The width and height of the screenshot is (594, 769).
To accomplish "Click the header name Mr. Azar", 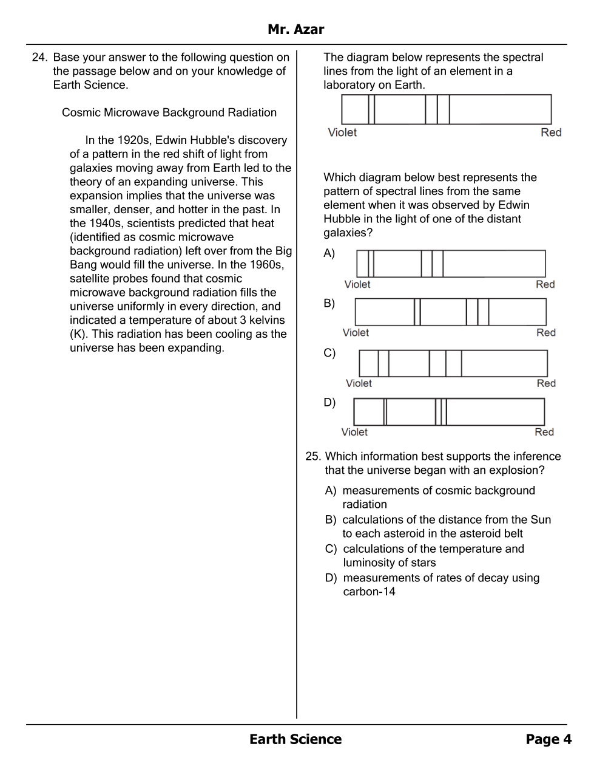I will pyautogui.click(x=295, y=29).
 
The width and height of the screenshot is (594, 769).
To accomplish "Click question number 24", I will pyautogui.click(x=39, y=58).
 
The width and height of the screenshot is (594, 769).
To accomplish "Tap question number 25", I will pyautogui.click(x=312, y=457).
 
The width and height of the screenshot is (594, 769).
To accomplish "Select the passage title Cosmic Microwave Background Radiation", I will pyautogui.click(x=169, y=113).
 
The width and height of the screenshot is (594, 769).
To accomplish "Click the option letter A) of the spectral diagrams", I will pyautogui.click(x=329, y=254).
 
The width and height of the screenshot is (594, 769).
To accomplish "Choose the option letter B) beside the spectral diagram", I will pyautogui.click(x=329, y=304).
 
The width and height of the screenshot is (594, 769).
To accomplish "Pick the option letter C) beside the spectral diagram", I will pyautogui.click(x=329, y=354).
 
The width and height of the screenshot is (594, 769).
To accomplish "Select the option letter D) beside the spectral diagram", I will pyautogui.click(x=329, y=403).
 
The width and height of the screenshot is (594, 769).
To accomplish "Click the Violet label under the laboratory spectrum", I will pyautogui.click(x=342, y=132).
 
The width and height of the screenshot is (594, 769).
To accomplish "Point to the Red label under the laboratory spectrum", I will pyautogui.click(x=551, y=132).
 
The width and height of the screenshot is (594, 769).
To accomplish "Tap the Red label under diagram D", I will pyautogui.click(x=544, y=432).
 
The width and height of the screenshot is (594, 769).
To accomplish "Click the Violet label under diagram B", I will pyautogui.click(x=356, y=333).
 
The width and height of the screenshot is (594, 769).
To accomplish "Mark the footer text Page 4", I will pyautogui.click(x=548, y=739).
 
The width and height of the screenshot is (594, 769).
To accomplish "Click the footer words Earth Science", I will pyautogui.click(x=295, y=739).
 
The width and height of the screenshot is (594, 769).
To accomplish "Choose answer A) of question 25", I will pyautogui.click(x=331, y=491).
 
